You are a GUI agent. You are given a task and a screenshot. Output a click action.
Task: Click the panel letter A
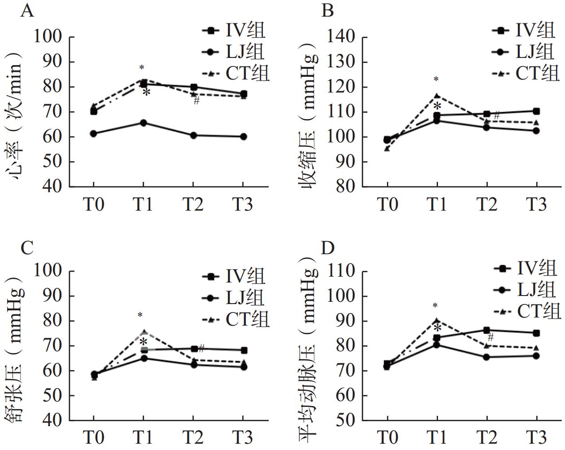27,10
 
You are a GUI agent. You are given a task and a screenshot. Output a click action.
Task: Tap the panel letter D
328,247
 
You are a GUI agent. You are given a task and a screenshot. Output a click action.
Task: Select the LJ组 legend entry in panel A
245,52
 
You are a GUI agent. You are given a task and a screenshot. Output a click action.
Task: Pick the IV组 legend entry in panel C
245,276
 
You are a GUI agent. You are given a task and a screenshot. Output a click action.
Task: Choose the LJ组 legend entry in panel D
537,290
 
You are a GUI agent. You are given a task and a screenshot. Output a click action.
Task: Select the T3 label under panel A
243,205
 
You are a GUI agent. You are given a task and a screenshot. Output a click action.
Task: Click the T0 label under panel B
387,205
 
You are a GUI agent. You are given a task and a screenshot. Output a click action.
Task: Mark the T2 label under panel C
193,437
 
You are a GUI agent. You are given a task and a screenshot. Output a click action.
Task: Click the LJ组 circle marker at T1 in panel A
143,123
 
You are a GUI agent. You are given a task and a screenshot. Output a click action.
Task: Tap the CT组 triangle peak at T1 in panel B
437,96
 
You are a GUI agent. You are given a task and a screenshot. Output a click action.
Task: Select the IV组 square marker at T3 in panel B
536,111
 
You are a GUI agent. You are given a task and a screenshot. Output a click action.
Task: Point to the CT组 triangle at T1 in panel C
144,332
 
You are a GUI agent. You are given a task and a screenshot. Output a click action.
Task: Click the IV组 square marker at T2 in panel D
487,330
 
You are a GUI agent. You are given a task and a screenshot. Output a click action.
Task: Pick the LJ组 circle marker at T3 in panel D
536,356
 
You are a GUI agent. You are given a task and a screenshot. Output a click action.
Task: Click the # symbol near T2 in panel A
197,101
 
